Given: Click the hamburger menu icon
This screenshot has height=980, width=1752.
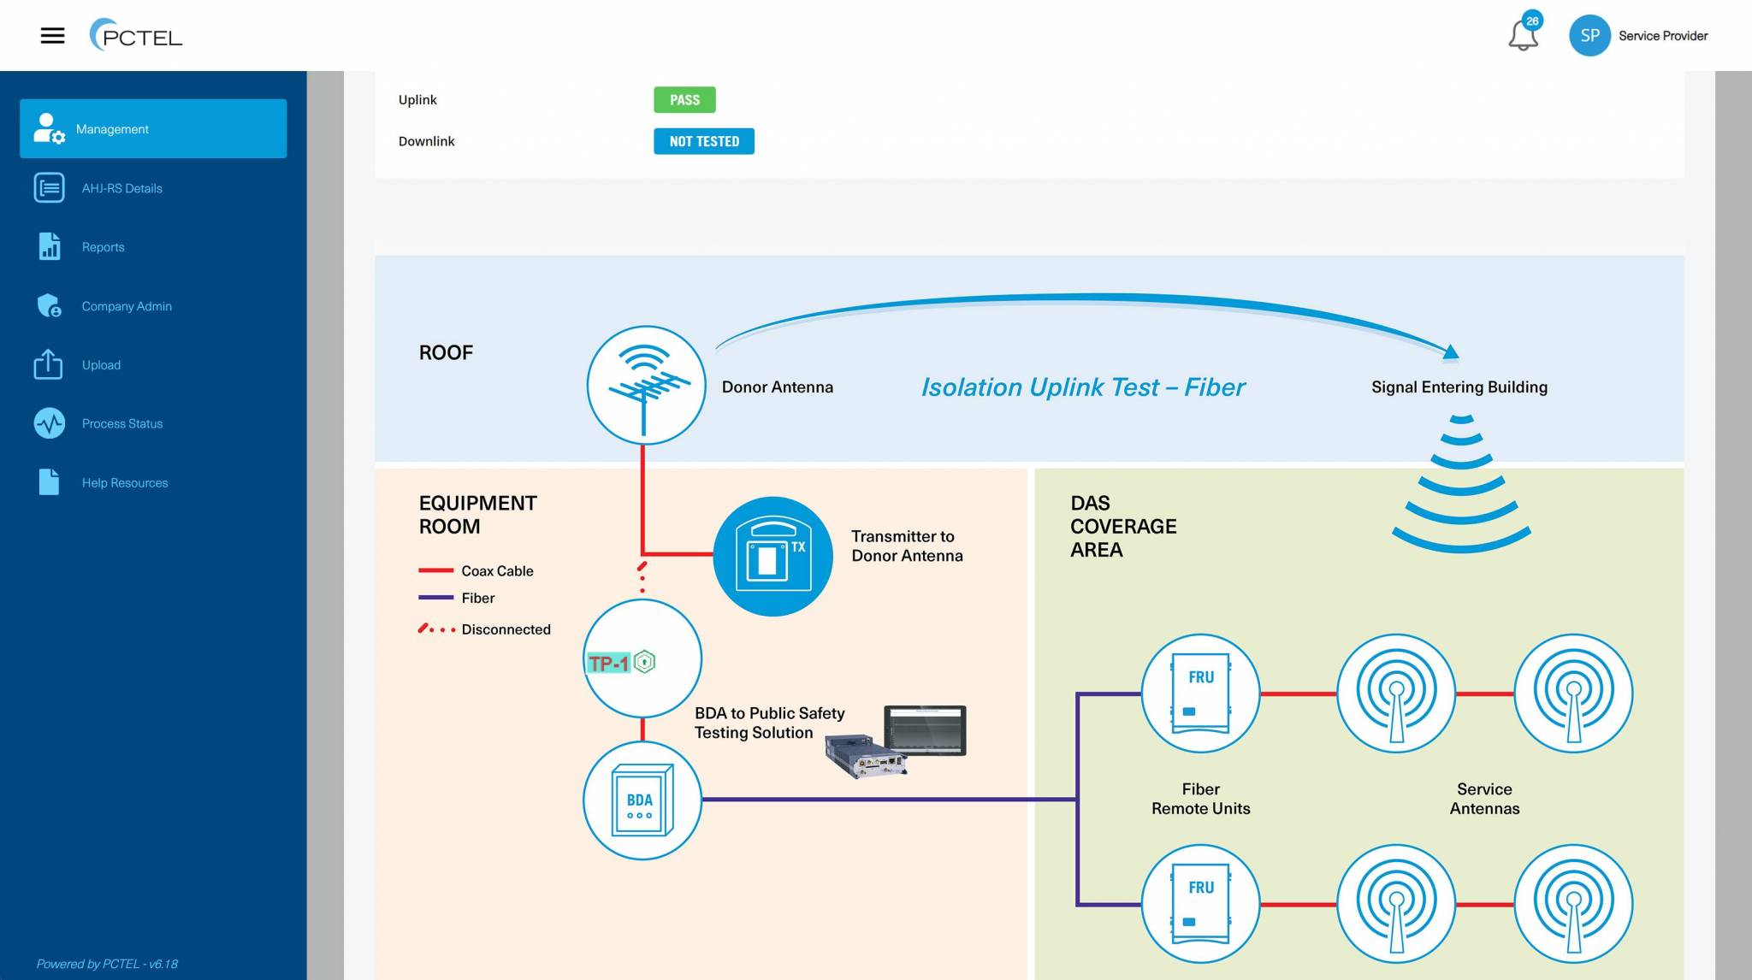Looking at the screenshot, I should [x=52, y=36].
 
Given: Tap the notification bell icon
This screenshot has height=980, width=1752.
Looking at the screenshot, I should [x=1523, y=36].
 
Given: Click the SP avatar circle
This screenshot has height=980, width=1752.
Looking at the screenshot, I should [x=1589, y=36].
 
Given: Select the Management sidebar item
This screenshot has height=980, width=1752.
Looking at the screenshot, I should [x=153, y=128].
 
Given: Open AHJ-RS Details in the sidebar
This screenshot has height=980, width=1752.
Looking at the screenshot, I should [x=121, y=188].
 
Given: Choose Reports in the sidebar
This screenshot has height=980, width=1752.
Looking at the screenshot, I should [x=103, y=247].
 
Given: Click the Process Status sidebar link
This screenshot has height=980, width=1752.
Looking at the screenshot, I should [x=121, y=423].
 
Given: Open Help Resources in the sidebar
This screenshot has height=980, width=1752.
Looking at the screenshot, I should [x=124, y=482].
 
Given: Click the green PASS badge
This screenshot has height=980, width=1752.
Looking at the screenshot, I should [x=684, y=100].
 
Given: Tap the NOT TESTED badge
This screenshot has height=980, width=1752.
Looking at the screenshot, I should [x=703, y=141].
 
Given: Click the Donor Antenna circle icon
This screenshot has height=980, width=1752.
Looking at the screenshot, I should [x=646, y=385].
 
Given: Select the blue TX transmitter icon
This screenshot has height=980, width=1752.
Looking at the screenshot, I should [x=772, y=556].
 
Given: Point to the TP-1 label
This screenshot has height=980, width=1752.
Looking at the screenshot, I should [x=609, y=663].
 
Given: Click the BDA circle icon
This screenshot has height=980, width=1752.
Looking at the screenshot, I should [x=642, y=800].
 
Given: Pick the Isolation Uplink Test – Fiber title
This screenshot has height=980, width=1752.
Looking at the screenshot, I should [x=1082, y=387].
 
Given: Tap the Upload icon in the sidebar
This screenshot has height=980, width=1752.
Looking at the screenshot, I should [x=49, y=364].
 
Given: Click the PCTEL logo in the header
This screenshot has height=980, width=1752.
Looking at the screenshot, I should [x=136, y=36].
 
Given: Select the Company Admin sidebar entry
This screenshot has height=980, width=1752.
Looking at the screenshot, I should [x=126, y=306].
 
